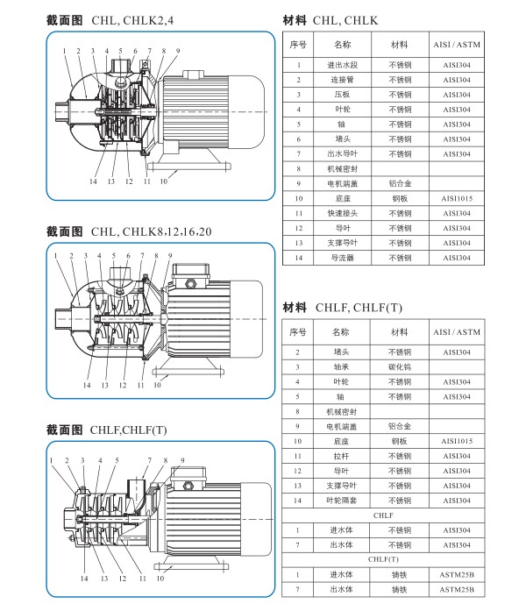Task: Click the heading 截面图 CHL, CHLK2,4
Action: pyautogui.click(x=114, y=18)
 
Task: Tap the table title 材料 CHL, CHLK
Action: pyautogui.click(x=331, y=18)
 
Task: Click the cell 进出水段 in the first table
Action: pyautogui.click(x=343, y=64)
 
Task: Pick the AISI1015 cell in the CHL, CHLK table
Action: pyautogui.click(x=457, y=198)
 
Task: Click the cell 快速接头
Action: pyautogui.click(x=343, y=213)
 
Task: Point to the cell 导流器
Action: pyautogui.click(x=343, y=258)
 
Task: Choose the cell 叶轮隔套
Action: pyautogui.click(x=343, y=501)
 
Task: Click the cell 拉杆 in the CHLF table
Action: pyautogui.click(x=343, y=456)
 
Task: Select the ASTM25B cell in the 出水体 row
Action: pyautogui.click(x=457, y=589)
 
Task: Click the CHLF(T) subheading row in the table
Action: pyautogui.click(x=383, y=559)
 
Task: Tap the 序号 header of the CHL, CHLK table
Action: pyautogui.click(x=298, y=43)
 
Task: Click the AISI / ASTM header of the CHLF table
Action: pyautogui.click(x=457, y=332)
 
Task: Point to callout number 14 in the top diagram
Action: pyautogui.click(x=91, y=181)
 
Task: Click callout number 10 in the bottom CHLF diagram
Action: pyautogui.click(x=160, y=578)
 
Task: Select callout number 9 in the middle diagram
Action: pyautogui.click(x=169, y=255)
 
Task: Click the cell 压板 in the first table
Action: pyautogui.click(x=343, y=94)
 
